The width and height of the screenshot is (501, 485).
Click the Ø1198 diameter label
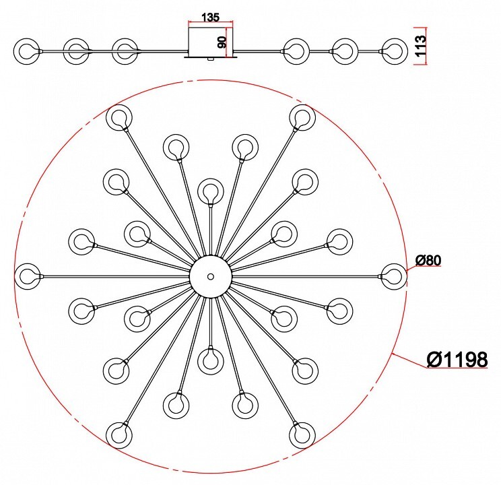[x=457, y=359]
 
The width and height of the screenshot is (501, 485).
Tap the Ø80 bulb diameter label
[x=428, y=261]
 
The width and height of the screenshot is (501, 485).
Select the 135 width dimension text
[x=211, y=17]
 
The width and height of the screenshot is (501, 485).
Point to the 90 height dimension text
[x=222, y=42]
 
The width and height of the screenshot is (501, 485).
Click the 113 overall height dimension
[x=421, y=46]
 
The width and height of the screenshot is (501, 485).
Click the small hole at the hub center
[x=210, y=276]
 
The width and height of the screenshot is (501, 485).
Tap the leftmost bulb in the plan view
[x=28, y=276]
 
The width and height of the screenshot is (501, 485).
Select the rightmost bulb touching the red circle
[x=394, y=276]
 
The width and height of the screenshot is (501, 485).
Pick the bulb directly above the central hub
[x=210, y=191]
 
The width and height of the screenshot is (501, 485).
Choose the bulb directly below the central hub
[x=210, y=361]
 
